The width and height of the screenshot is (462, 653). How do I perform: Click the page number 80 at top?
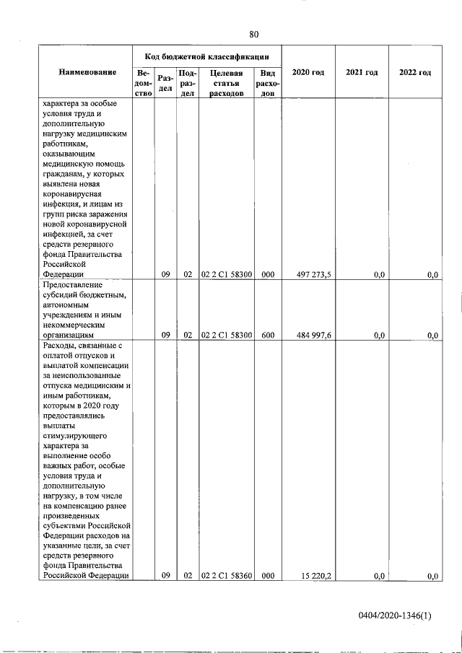254,35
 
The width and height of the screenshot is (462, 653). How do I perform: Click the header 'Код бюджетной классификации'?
206,56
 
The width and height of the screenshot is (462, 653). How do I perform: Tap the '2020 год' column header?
308,73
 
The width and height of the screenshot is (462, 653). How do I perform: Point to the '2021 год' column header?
362,73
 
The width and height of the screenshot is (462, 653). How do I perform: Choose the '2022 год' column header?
415,73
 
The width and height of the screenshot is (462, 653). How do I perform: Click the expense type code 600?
267,335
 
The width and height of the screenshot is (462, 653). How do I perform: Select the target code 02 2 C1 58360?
226,575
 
